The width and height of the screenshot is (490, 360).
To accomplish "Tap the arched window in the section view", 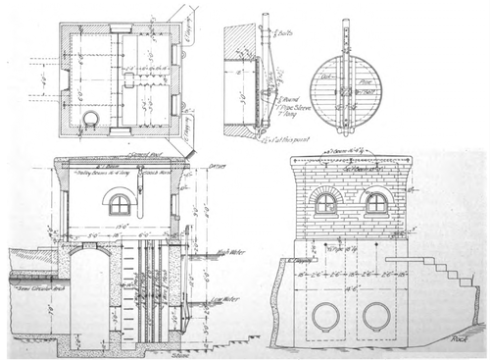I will click(x=120, y=203).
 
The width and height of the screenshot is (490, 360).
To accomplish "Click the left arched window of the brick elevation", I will click(x=325, y=203).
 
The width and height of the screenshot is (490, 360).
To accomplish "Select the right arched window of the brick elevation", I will click(x=376, y=203).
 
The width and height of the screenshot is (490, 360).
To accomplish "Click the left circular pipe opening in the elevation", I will click(x=325, y=316).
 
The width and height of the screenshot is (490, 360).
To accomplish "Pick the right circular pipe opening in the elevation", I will click(x=376, y=316).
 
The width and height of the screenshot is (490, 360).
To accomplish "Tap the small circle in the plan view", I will click(x=90, y=119).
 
